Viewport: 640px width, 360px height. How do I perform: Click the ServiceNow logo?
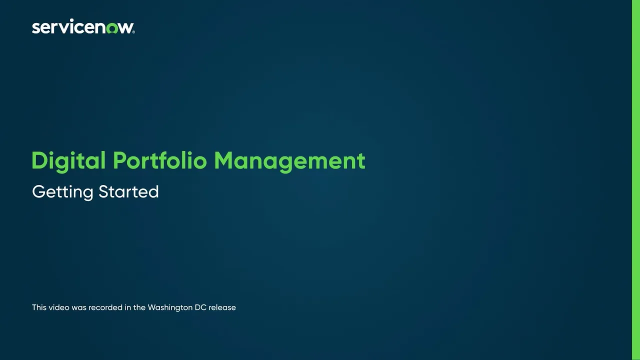coord(83,27)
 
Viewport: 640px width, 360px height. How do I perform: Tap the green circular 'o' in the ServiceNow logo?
coord(112,28)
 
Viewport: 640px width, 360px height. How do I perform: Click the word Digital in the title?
coord(68,161)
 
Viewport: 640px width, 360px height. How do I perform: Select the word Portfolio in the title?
coord(159,161)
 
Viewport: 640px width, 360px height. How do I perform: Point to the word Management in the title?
coord(289,161)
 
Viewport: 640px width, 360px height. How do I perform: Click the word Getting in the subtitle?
coord(62,192)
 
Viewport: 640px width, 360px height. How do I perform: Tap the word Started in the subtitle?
coord(128,191)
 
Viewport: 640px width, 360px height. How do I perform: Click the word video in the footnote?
coord(59,307)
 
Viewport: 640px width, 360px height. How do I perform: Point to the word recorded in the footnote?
coord(106,307)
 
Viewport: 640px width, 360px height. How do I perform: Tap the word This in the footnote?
coord(39,307)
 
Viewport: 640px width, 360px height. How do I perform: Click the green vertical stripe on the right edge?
coord(636,180)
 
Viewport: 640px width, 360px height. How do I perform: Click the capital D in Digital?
coord(39,161)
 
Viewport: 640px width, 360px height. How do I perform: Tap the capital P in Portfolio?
coord(119,161)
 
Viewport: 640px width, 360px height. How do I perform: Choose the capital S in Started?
coord(103,191)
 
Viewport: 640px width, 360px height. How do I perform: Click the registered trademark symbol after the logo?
coord(133,32)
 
